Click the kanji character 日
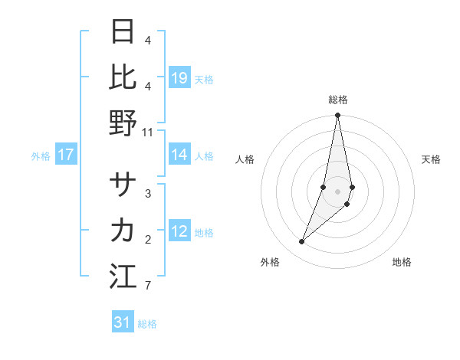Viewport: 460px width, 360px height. pos(123,32)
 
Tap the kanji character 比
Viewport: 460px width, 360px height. pos(123,77)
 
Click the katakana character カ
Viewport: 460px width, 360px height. pos(123,230)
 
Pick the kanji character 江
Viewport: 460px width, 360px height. pos(123,275)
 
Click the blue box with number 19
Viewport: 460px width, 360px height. pos(179,78)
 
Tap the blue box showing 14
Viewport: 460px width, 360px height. pos(179,155)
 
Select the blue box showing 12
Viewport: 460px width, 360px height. pos(179,231)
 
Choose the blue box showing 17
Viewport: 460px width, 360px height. pos(66,155)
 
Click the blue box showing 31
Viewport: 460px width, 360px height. pos(123,322)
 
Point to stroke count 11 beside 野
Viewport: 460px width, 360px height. pos(149,132)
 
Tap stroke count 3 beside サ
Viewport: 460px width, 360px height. pos(148,194)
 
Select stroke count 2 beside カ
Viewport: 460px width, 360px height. pos(148,240)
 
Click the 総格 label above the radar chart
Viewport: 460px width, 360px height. pos(338,100)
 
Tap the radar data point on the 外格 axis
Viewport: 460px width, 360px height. pos(302,242)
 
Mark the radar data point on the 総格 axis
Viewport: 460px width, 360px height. pos(337,116)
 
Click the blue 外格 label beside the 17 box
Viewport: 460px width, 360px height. pos(41,155)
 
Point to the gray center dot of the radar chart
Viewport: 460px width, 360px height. pos(337,191)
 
